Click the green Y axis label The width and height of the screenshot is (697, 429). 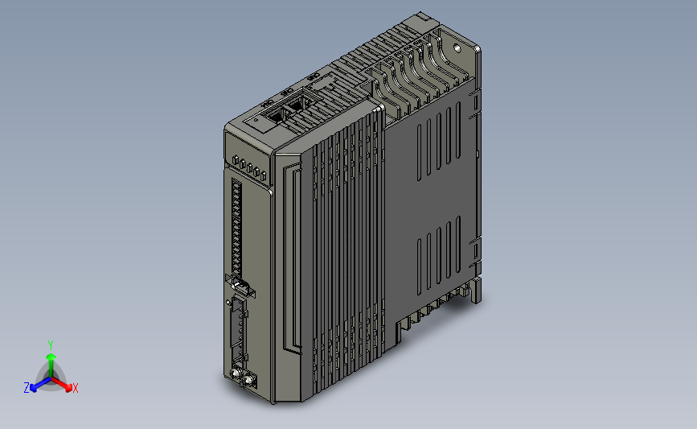(51, 344)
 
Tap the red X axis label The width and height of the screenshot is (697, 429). (75, 388)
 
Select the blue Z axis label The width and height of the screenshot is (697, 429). (27, 388)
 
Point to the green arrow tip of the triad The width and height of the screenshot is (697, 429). (51, 355)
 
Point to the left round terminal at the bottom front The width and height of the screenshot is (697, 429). (236, 373)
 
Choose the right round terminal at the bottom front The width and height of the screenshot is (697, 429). (248, 379)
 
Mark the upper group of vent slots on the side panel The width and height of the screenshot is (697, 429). (439, 145)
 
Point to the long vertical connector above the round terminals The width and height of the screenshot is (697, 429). (239, 330)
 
